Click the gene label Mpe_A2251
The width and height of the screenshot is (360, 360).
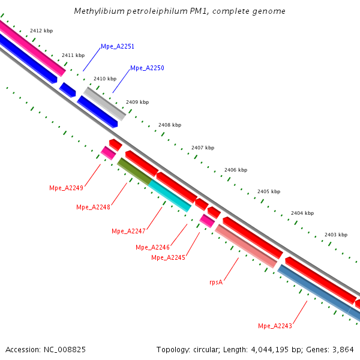[118, 46]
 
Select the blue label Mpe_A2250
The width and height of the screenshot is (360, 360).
[147, 68]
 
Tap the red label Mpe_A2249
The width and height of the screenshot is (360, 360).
[66, 188]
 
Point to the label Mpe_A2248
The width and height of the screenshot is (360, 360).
[93, 208]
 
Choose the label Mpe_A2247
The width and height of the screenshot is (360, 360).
[128, 231]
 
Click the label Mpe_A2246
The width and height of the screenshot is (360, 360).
[152, 247]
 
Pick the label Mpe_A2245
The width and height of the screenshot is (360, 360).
[168, 257]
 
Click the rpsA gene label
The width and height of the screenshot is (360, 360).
[216, 281]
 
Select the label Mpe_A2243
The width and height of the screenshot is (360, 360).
[275, 326]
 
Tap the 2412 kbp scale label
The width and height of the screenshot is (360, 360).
[41, 30]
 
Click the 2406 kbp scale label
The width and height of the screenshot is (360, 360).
[236, 170]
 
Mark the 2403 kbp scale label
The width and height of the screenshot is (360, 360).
[335, 235]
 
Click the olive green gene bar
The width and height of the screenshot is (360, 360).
[134, 171]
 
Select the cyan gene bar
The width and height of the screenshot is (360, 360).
[170, 195]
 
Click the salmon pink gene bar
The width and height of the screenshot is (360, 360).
[246, 246]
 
